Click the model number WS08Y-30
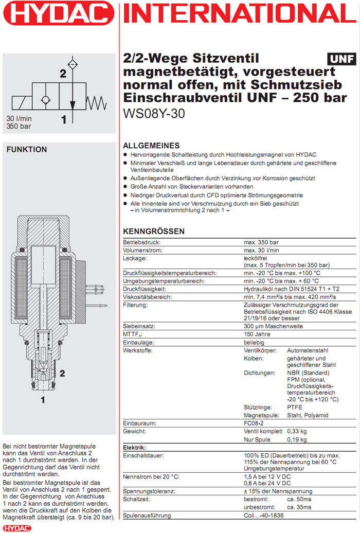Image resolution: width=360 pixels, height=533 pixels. point(154,114)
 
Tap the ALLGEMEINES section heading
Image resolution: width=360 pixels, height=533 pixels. point(151,146)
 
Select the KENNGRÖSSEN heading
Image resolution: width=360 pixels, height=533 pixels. point(154,232)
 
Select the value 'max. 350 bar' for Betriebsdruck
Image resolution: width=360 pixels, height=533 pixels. point(262,241)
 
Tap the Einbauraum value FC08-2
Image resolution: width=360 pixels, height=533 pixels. point(255,423)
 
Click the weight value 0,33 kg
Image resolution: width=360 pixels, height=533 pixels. point(296,431)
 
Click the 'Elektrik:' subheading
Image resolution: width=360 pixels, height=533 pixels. point(135,448)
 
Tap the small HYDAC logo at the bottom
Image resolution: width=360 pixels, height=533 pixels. point(16,528)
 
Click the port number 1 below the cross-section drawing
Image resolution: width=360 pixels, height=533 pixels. point(43,398)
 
